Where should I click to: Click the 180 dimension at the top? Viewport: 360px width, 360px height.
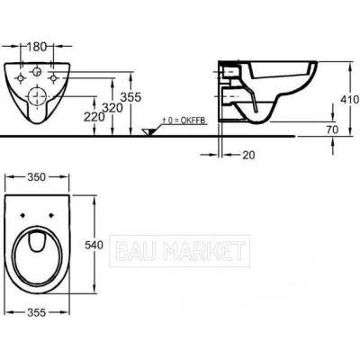(37, 47)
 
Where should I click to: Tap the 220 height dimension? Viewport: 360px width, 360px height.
(94, 117)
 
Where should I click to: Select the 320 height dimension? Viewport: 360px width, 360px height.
(112, 108)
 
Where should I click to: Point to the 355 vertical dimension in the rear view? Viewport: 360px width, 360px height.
(130, 97)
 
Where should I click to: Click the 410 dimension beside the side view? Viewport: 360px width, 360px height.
(350, 99)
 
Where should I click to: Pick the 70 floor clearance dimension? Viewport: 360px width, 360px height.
(332, 130)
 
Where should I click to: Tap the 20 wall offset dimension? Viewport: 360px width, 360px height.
(248, 155)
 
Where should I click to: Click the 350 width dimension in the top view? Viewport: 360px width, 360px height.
(37, 177)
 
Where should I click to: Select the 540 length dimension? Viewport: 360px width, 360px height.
(94, 245)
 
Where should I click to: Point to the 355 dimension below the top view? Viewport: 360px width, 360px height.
(37, 312)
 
